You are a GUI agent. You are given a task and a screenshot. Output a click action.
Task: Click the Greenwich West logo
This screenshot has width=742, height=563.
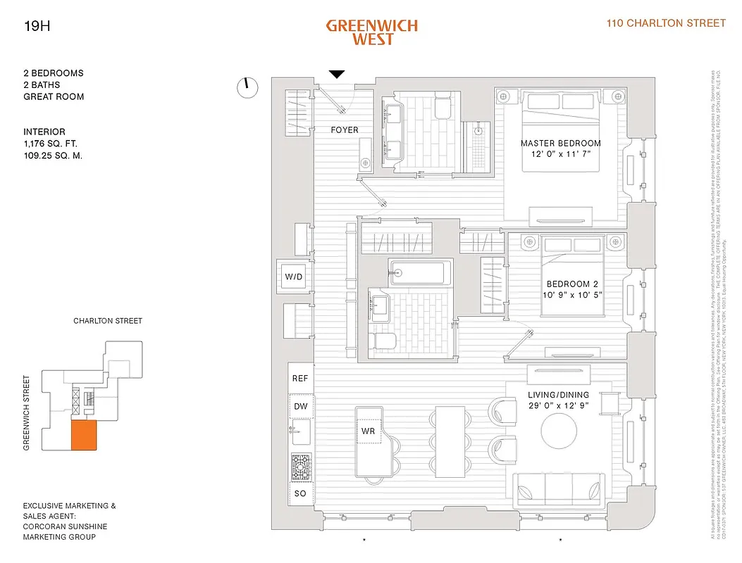coord(371,32)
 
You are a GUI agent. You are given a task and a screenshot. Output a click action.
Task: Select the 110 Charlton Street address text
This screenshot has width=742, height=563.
coord(666,23)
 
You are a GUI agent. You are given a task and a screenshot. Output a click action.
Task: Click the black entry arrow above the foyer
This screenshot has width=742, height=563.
coord(337,74)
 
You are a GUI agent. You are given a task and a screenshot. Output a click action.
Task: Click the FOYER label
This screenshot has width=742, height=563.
coord(345,130)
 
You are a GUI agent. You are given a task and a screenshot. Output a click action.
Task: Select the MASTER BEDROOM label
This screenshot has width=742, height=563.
coord(561,144)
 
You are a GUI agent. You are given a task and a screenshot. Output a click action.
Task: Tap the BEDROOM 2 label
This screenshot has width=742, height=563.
coord(572,284)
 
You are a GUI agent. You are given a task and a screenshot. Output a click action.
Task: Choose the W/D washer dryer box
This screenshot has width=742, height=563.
coord(293,277)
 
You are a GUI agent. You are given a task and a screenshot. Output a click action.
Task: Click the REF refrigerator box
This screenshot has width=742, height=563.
coord(300,379)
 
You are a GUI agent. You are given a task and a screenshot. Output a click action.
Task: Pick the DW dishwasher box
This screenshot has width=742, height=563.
coord(300,407)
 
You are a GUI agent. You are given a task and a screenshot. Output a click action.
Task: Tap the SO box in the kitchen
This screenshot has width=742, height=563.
coord(300,493)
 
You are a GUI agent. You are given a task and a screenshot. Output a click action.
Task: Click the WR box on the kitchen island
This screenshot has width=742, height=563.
coord(368,431)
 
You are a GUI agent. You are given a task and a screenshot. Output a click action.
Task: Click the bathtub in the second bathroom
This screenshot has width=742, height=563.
coord(418,271)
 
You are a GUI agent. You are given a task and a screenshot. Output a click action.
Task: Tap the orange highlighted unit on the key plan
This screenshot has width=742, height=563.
coord(83,436)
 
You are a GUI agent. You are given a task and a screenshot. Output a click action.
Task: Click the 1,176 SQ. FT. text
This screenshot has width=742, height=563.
coord(52,144)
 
